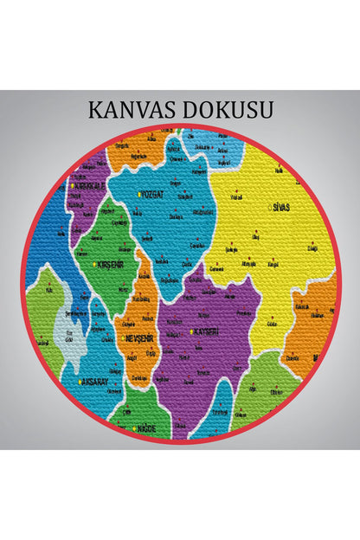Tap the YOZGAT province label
tap(153, 194)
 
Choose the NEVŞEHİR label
tap(141, 337)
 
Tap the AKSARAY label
tap(94, 382)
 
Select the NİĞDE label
tap(146, 427)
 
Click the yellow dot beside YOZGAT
tap(138, 194)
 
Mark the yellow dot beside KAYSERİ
tap(190, 331)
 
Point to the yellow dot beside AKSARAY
tap(80, 382)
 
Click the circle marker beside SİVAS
tap(270, 208)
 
